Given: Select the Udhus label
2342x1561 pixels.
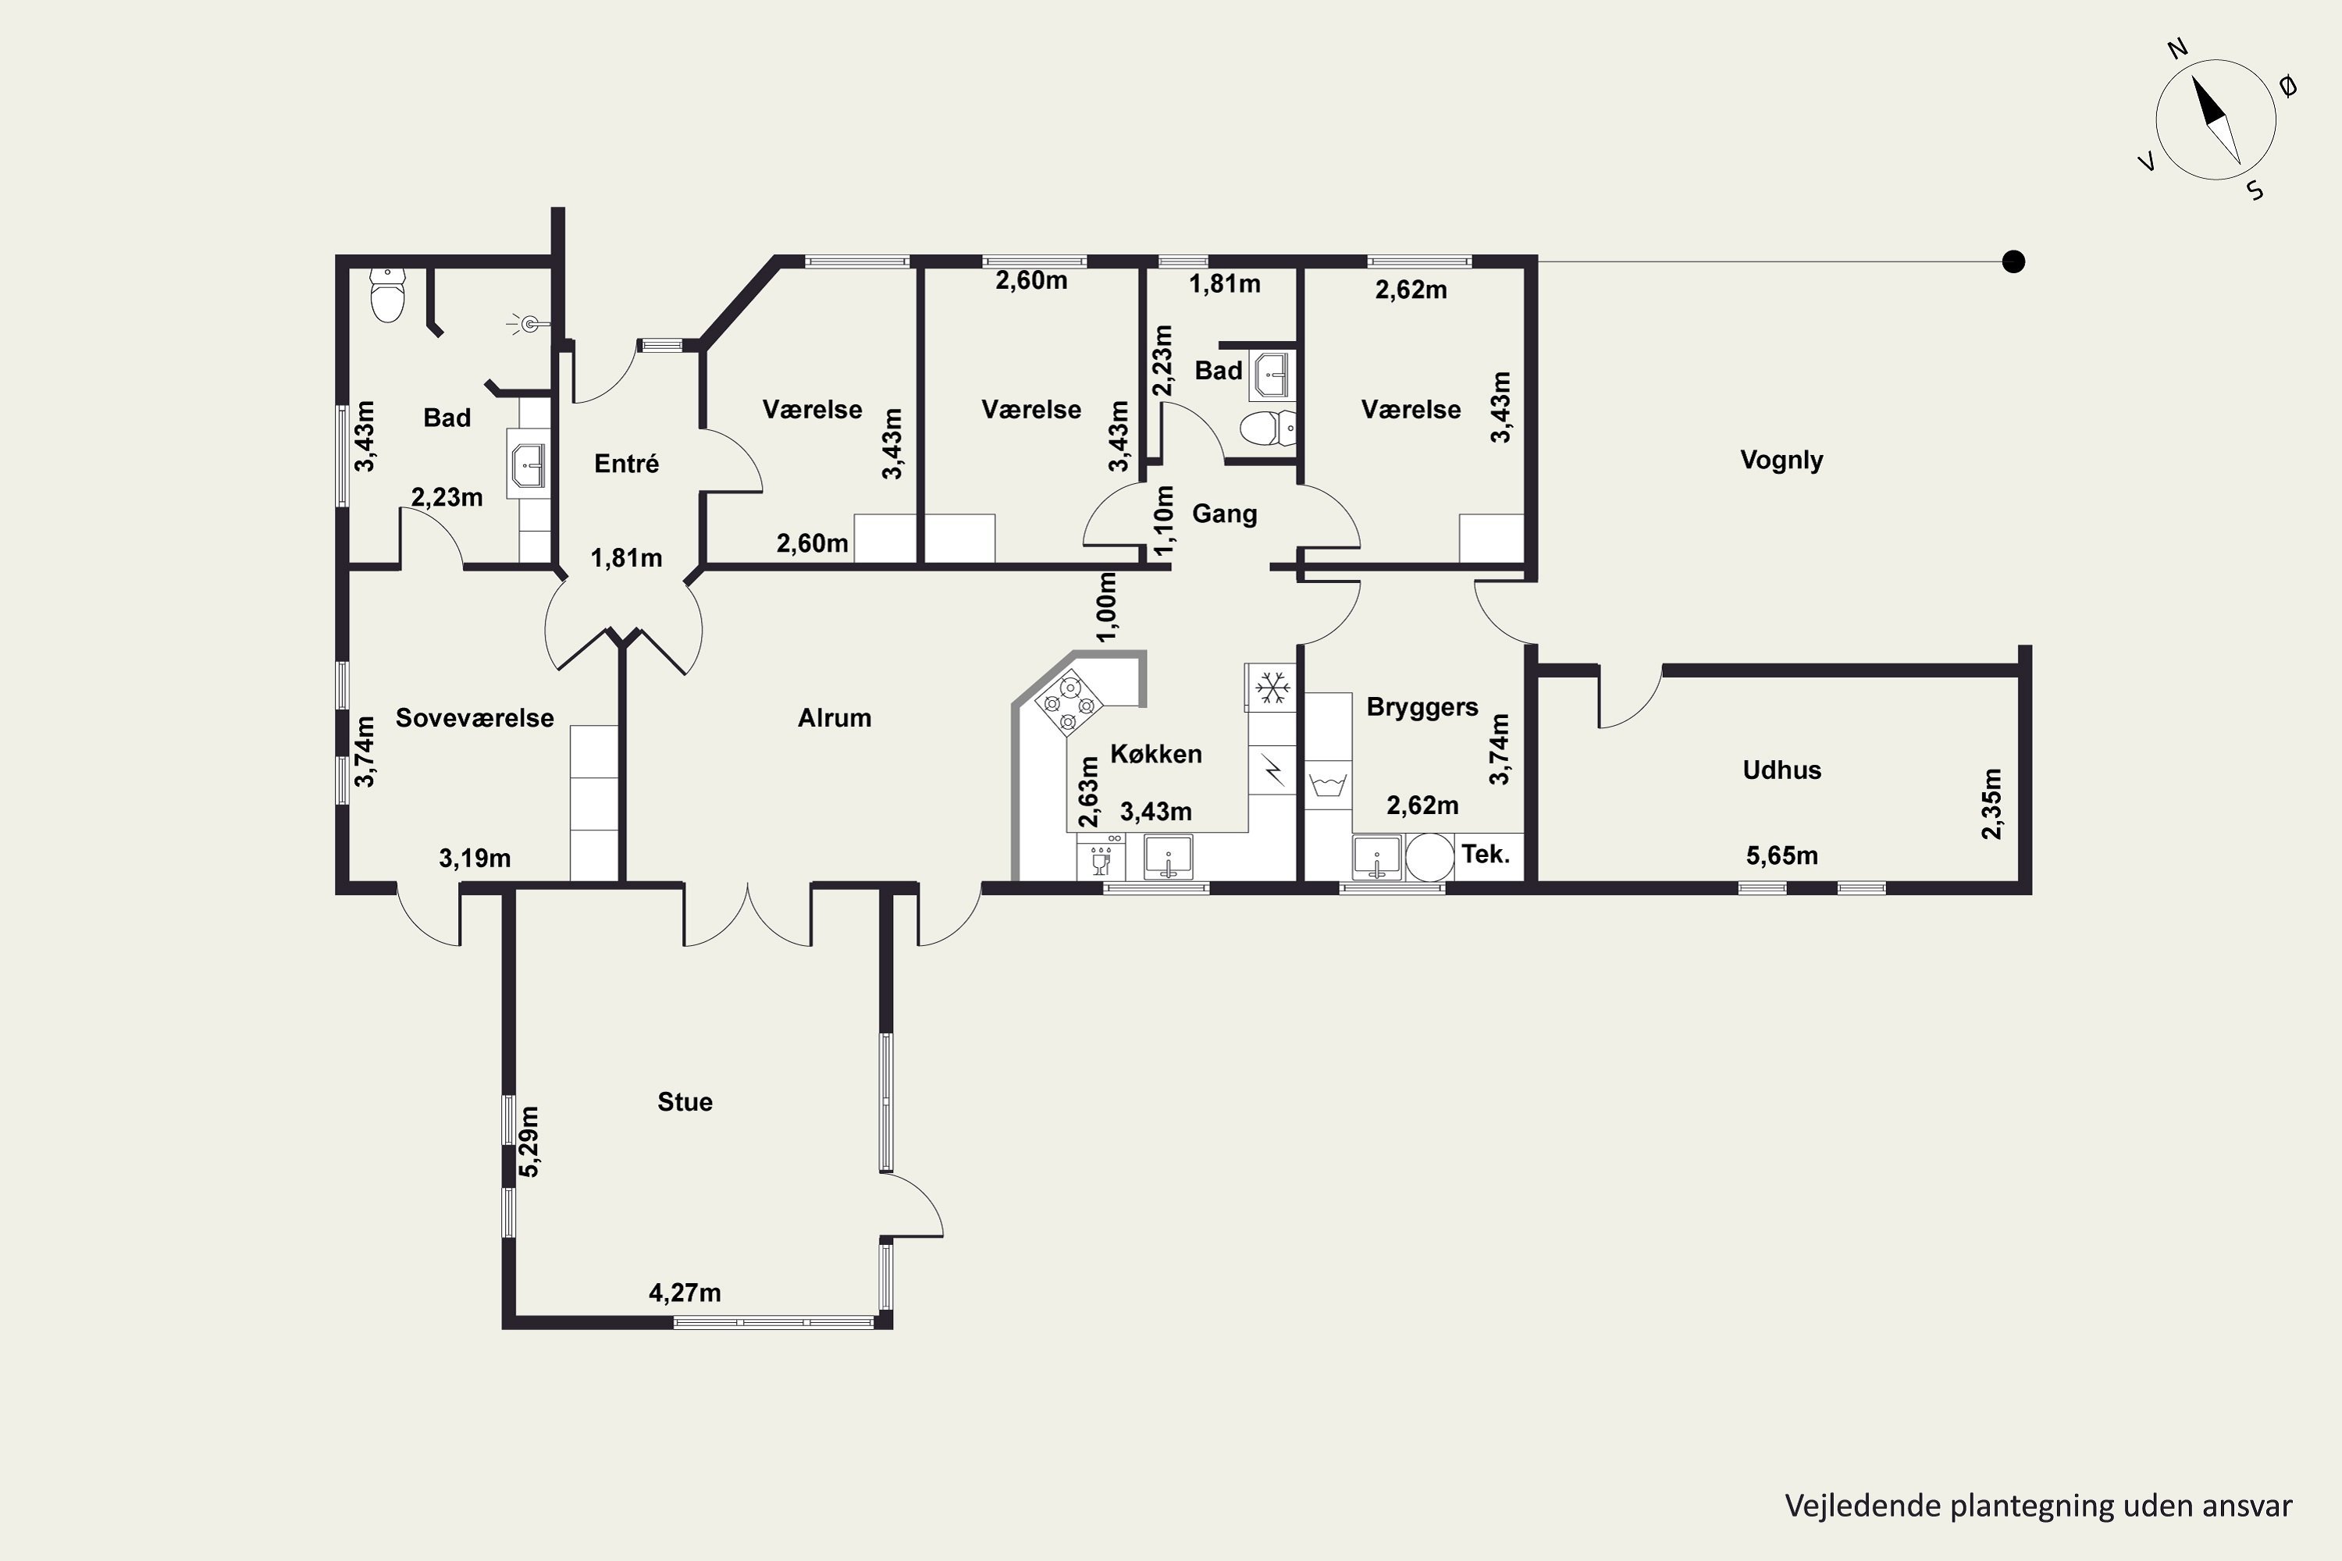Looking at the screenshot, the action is coord(1781,770).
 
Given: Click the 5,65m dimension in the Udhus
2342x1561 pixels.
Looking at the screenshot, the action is coord(1781,855).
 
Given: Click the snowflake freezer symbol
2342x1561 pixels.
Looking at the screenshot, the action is coord(1272,687).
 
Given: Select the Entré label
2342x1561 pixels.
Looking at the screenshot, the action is coord(626,464).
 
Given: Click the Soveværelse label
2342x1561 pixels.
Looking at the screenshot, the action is coord(474,718).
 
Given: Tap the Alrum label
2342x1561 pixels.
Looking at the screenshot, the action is coord(834,718).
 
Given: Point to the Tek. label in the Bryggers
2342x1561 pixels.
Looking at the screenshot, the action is coord(1485,854).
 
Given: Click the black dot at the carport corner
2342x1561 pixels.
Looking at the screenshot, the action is coord(2013,261).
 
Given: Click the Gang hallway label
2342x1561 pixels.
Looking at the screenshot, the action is coord(1224,514).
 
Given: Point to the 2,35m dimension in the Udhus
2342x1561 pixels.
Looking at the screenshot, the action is coord(1991,803).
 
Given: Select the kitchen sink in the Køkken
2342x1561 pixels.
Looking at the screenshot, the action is coord(1167,857).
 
